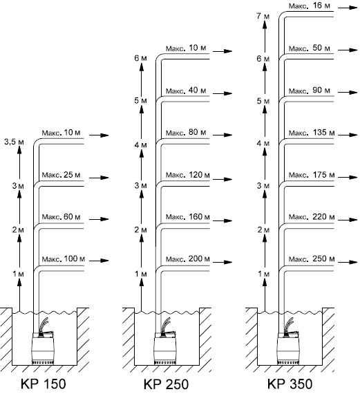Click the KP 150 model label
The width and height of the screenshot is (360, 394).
click(x=44, y=384)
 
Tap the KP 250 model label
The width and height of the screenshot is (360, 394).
click(x=166, y=384)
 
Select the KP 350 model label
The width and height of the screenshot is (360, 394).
click(x=290, y=384)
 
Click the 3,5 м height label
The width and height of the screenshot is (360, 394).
click(x=14, y=142)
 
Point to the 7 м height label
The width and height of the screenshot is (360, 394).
click(x=263, y=16)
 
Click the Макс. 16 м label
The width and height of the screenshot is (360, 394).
click(x=310, y=6)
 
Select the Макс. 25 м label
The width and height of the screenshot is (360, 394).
click(x=61, y=174)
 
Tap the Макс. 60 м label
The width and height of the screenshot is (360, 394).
click(x=61, y=216)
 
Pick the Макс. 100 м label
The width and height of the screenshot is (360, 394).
click(x=64, y=259)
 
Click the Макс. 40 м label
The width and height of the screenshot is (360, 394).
click(x=186, y=91)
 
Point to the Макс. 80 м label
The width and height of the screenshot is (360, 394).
click(x=186, y=132)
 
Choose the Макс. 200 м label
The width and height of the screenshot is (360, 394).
click(x=188, y=259)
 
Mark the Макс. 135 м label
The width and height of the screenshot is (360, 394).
click(x=312, y=133)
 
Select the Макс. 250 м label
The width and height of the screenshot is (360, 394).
click(x=312, y=259)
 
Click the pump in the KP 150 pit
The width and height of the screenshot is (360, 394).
click(x=42, y=347)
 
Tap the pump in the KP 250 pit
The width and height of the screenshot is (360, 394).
click(x=165, y=347)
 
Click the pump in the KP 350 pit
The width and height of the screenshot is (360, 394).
click(x=288, y=347)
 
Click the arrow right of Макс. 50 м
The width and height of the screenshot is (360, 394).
click(x=348, y=50)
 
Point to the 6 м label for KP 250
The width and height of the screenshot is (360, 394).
click(x=140, y=58)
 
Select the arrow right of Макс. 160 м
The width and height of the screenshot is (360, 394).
click(x=222, y=221)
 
